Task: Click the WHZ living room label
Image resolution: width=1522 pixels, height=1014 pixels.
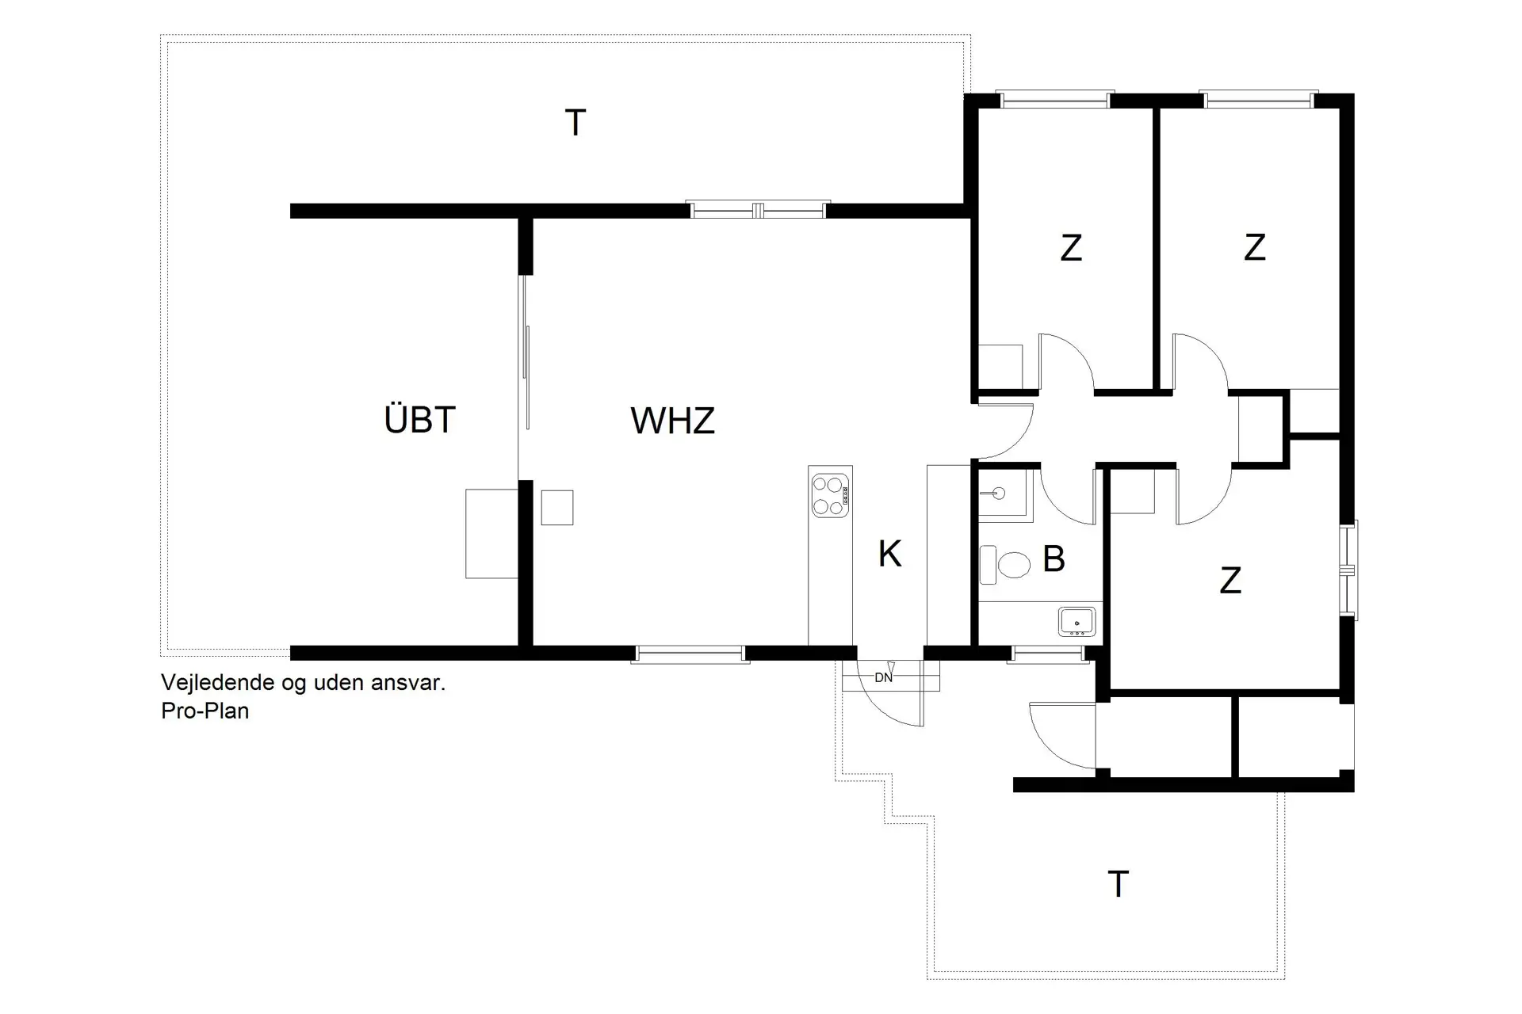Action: [672, 421]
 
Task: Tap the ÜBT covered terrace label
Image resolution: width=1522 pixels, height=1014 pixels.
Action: [419, 420]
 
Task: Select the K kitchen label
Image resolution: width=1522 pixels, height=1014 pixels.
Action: [889, 554]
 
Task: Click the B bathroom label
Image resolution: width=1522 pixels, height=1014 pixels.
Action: [1053, 559]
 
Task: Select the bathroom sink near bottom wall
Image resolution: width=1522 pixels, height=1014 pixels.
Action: [1076, 622]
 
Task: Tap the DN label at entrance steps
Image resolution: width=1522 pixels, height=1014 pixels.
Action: [883, 677]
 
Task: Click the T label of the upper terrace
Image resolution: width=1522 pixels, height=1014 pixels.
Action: [575, 124]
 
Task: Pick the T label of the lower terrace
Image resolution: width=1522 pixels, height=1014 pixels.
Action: [1117, 884]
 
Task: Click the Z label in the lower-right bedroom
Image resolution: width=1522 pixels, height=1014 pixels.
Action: [1229, 581]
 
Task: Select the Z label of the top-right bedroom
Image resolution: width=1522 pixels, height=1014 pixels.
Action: [1254, 247]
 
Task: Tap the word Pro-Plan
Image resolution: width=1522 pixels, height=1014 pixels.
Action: [205, 711]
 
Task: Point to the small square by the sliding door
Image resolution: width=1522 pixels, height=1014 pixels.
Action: [556, 508]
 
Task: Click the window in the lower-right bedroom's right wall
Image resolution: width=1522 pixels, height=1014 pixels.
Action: [1348, 569]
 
